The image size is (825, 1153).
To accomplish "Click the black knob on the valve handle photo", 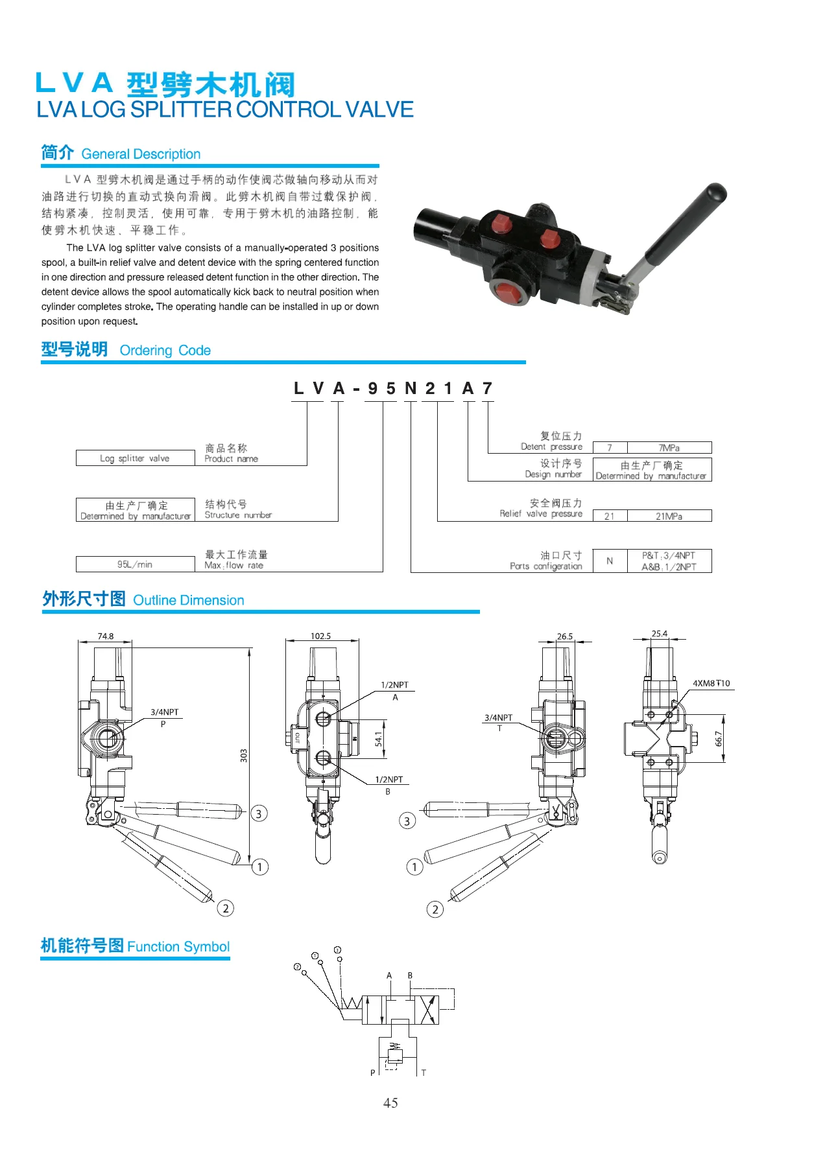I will pos(715,193).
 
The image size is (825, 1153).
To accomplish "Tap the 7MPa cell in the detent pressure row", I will pos(669,448).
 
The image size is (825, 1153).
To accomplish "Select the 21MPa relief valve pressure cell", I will pos(669,517).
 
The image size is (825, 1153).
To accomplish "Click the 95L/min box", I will pos(135,565).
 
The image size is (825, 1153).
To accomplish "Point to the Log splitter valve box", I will pos(135,458).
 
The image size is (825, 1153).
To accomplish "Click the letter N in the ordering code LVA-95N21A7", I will pos(411,388).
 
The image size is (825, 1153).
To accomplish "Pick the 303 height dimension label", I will pos(244,755).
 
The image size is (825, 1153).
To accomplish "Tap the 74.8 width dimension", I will pos(106,636).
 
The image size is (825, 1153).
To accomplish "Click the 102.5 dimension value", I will pos(320,636).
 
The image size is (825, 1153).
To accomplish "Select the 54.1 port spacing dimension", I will pos(379,738).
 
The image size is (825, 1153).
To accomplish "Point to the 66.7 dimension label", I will pos(719,739).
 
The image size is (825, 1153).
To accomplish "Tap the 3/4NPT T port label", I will pos(498,717).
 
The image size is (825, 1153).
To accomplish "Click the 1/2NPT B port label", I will pos(389,780).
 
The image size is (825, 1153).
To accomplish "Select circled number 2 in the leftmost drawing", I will pos(226,908).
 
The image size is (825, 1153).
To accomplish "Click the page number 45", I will pos(390,1102).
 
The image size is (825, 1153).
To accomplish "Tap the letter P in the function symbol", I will pos(372,1073).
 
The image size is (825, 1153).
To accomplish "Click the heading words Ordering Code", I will pos(165,351).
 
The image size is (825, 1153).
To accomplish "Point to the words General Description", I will pos(141,154).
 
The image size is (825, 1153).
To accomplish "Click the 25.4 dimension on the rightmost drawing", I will pos(659,634).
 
